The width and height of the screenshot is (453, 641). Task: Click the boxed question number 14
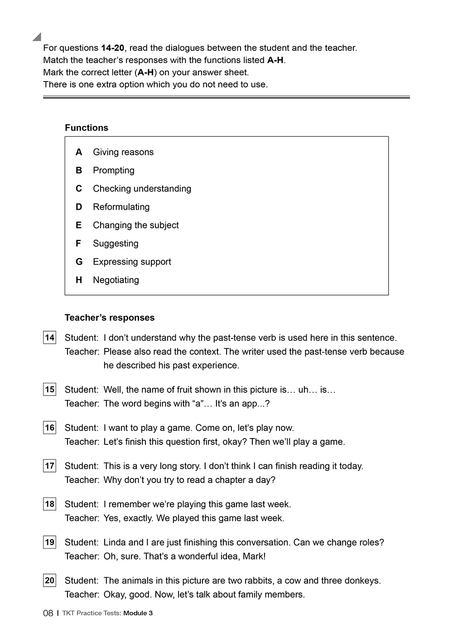click(x=49, y=337)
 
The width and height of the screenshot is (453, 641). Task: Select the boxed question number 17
click(x=49, y=466)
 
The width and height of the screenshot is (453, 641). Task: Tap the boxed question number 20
click(x=49, y=580)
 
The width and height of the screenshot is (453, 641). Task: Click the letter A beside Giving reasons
click(x=79, y=152)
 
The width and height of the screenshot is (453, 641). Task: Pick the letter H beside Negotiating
click(x=79, y=280)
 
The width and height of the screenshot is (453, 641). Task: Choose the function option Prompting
click(x=114, y=170)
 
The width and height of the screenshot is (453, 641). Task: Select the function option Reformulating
click(x=121, y=207)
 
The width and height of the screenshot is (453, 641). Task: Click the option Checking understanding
click(x=142, y=188)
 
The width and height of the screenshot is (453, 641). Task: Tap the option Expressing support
click(x=132, y=262)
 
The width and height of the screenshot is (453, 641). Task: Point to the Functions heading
click(x=87, y=128)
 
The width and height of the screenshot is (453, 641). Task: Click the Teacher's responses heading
click(x=110, y=318)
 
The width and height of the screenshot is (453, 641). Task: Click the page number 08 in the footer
click(x=48, y=613)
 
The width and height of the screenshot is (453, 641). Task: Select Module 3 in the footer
click(x=138, y=613)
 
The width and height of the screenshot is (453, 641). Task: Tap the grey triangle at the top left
click(x=38, y=37)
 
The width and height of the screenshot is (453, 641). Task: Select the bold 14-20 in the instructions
click(x=113, y=48)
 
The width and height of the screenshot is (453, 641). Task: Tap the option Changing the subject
click(x=135, y=225)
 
